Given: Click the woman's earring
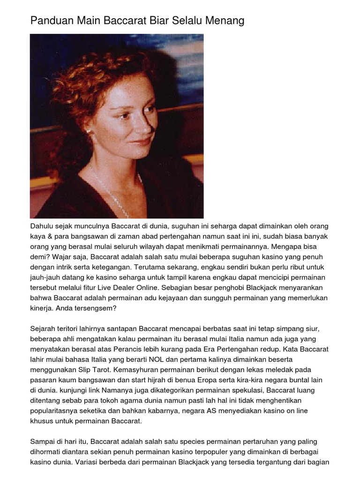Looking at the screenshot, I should pos(88,131).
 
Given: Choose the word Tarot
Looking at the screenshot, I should pos(98,371).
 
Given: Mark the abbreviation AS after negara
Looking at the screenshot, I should pos(211,412).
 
